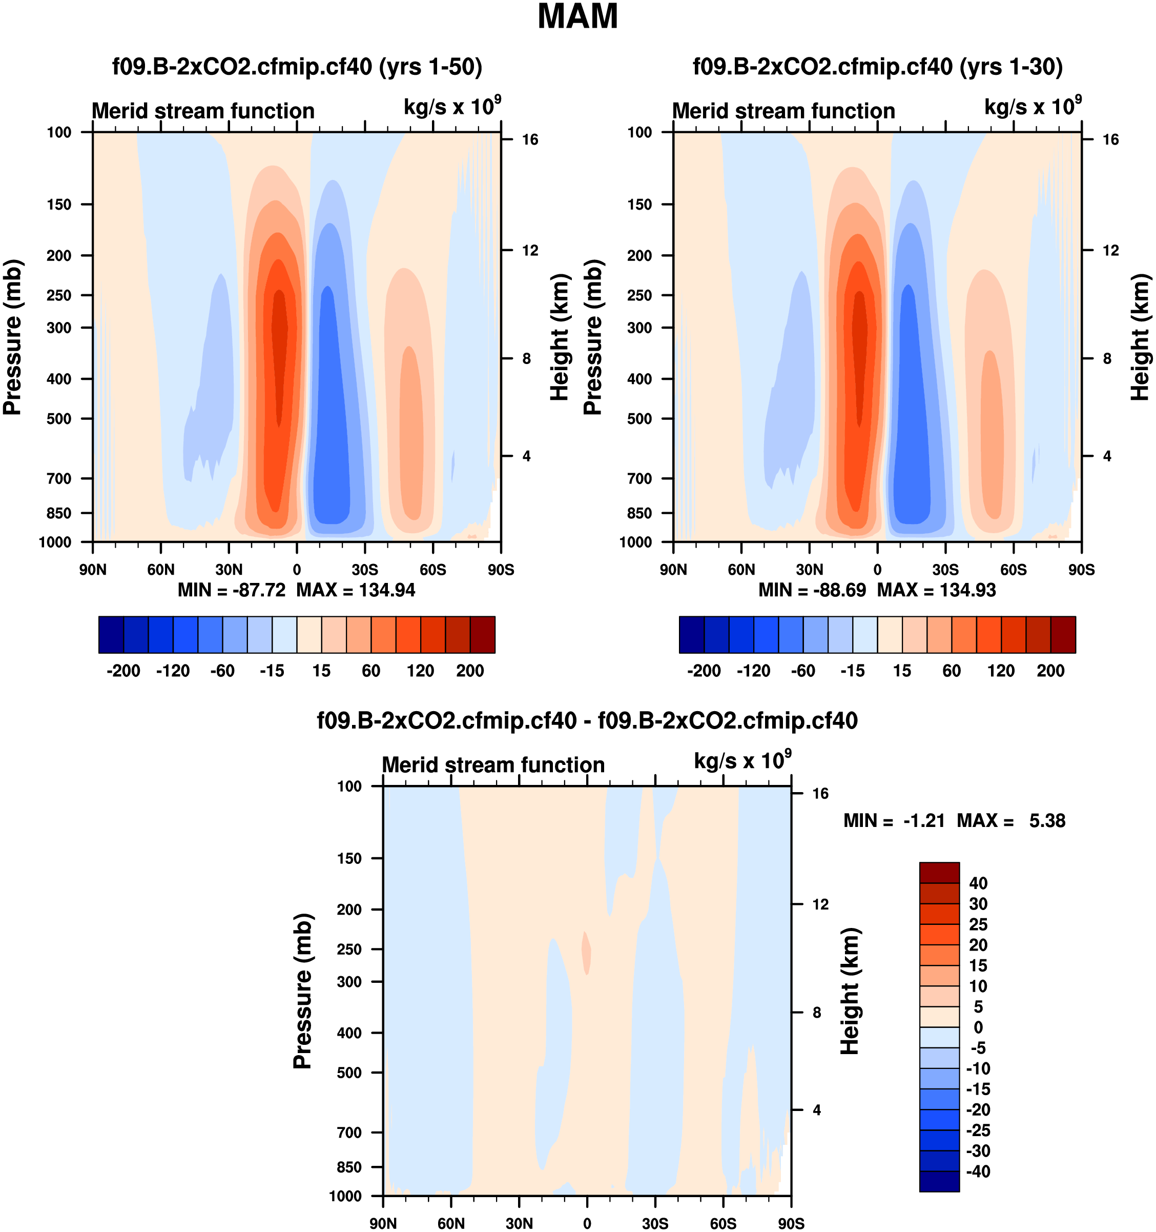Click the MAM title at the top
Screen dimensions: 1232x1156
tap(577, 17)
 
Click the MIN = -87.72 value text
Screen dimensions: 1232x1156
tap(232, 590)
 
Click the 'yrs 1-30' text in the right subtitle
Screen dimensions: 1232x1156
tap(1011, 66)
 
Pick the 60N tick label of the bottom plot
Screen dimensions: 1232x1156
tap(451, 1223)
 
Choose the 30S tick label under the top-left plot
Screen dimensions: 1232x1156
tap(365, 570)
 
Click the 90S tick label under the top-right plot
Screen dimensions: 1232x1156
tap(1082, 570)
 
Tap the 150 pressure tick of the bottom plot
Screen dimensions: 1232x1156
tap(349, 858)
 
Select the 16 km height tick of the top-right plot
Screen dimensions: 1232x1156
tap(1111, 139)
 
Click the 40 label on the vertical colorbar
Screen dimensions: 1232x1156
tap(978, 883)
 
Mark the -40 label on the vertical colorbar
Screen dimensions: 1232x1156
tap(978, 1172)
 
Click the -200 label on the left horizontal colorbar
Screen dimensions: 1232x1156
tap(123, 671)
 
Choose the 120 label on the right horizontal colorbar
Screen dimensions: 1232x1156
tap(1001, 671)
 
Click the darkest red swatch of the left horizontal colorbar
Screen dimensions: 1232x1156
tap(483, 635)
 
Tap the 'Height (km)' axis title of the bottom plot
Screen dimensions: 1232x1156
tap(850, 991)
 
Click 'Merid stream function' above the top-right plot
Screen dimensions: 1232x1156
tap(783, 111)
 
